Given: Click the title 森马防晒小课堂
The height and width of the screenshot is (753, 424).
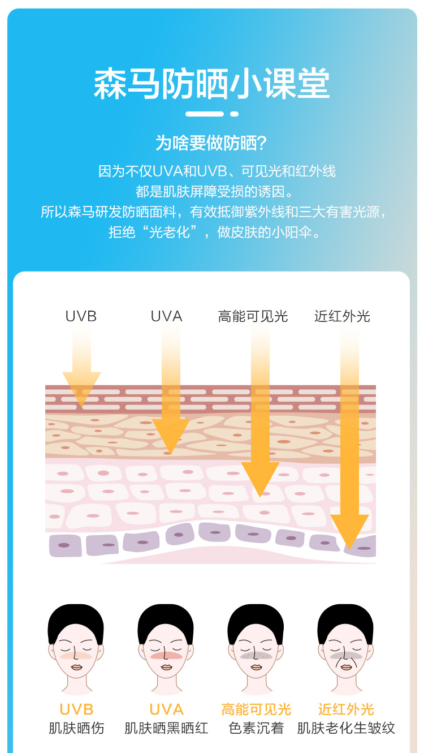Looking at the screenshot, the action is [x=211, y=84].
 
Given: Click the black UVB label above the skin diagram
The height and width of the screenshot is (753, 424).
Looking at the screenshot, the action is [x=81, y=316].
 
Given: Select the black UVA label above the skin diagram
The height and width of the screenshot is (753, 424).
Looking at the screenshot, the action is [x=166, y=316].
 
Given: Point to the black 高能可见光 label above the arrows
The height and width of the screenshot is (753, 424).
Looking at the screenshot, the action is [x=253, y=316].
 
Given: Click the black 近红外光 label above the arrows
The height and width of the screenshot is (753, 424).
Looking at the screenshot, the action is [x=342, y=316].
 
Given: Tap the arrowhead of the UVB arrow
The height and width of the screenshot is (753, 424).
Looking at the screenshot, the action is [x=81, y=388].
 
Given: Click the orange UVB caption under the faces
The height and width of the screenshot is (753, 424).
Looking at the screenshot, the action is [x=76, y=709].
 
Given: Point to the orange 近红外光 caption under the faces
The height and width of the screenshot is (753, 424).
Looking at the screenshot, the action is [x=346, y=709].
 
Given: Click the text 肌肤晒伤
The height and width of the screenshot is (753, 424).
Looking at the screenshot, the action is [x=76, y=728].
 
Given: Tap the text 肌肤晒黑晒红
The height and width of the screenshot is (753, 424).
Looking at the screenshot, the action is [x=166, y=728].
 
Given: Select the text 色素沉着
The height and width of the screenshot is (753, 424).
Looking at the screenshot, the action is [x=256, y=728].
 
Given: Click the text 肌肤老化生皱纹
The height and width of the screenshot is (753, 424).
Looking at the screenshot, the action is [x=346, y=728].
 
